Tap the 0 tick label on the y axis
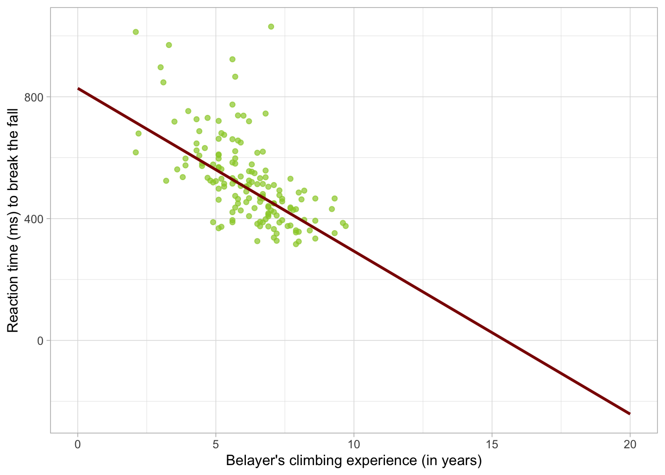point(40,340)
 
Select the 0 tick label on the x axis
point(78,445)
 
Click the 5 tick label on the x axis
point(216,445)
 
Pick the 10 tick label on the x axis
point(354,445)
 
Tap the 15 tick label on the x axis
point(492,445)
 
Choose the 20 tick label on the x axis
point(630,445)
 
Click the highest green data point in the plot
point(271,27)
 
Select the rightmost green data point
point(345,226)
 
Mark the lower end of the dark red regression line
point(629,413)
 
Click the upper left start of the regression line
point(78,89)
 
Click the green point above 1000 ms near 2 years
point(136,32)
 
